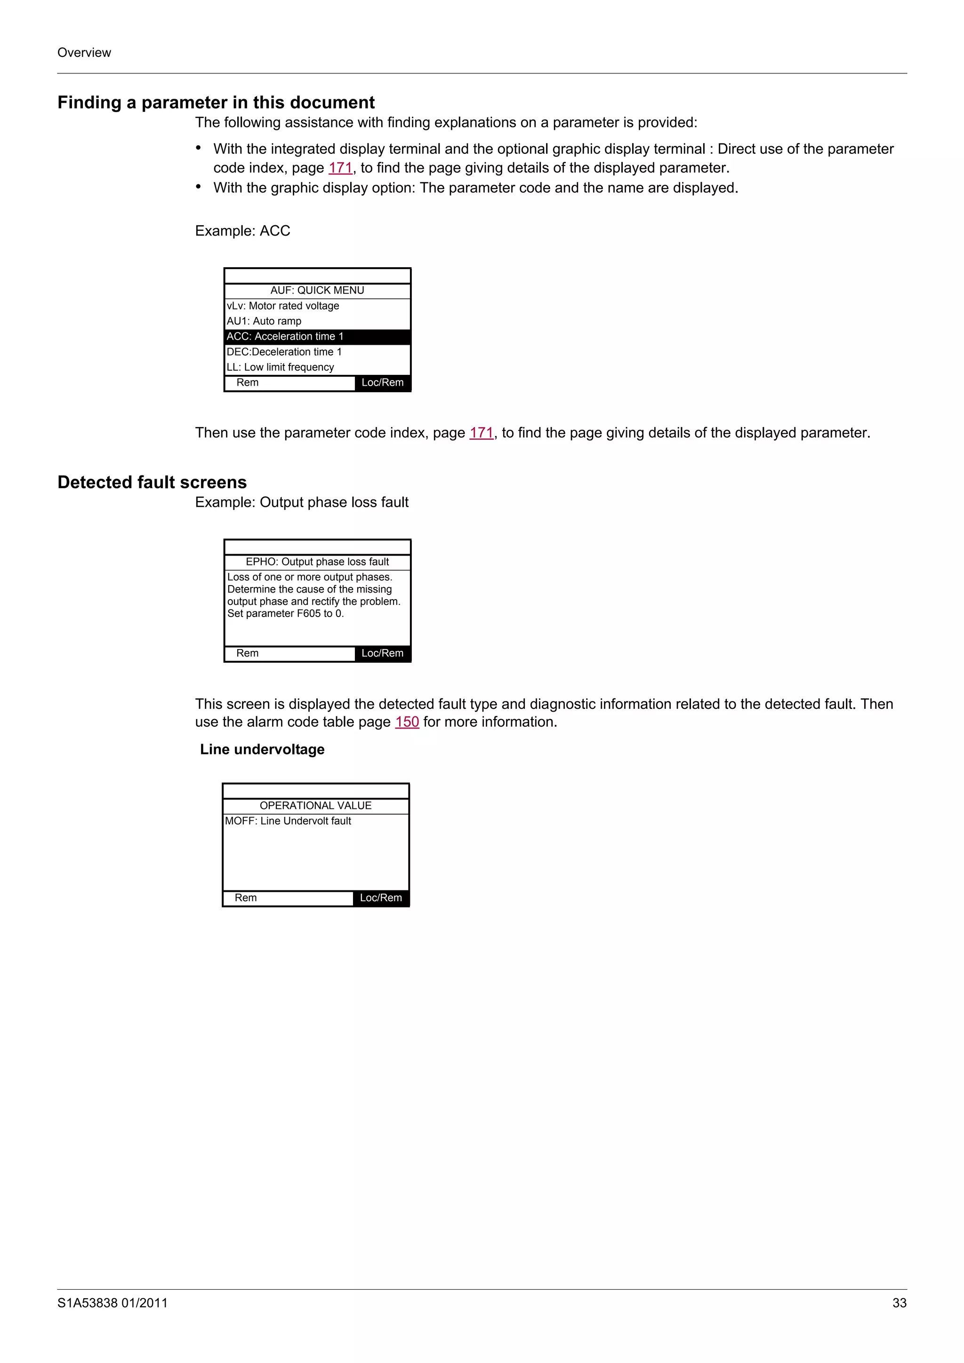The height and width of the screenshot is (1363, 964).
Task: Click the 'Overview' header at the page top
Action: (x=84, y=53)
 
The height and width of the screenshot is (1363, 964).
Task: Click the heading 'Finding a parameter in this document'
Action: (x=216, y=103)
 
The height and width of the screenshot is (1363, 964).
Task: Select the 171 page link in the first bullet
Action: (x=340, y=168)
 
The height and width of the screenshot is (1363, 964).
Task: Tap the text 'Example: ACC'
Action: (x=242, y=231)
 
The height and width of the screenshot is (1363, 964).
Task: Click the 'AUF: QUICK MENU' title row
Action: (x=317, y=290)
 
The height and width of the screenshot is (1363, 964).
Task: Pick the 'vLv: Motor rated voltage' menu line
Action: (x=283, y=306)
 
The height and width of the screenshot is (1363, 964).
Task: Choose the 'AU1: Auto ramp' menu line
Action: (x=264, y=321)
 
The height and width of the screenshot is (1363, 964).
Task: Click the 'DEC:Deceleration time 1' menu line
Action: (x=284, y=352)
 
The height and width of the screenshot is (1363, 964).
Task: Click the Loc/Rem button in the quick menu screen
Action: (x=383, y=383)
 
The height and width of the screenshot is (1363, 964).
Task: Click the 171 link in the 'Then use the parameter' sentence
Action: (x=481, y=433)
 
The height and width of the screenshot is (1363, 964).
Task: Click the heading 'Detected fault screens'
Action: (x=152, y=483)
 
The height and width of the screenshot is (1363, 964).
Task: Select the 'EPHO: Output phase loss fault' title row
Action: (x=317, y=562)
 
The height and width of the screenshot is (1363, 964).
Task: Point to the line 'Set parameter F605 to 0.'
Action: (x=286, y=614)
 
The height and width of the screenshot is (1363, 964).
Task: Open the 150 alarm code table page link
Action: (x=407, y=722)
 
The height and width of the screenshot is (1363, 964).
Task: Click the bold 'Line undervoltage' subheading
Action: (x=262, y=750)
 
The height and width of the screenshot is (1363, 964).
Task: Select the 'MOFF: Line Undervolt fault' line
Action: (x=288, y=821)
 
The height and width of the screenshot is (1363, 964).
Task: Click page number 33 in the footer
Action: (x=899, y=1303)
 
